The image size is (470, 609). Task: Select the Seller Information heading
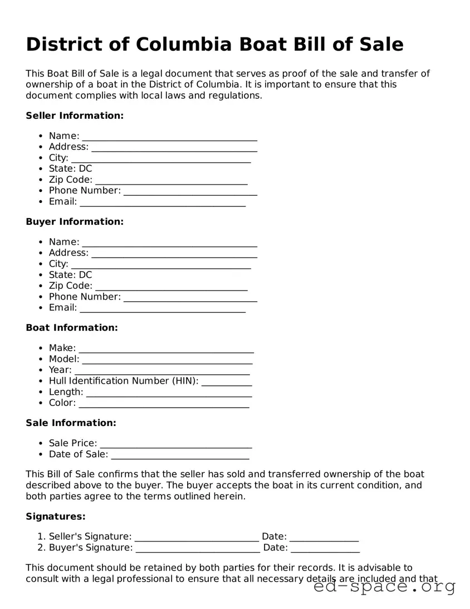[x=75, y=115]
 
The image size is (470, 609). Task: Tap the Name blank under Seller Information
[x=169, y=137]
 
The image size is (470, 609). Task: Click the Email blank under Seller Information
[x=163, y=202]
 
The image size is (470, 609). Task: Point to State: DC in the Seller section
[x=70, y=168]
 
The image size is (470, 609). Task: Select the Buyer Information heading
[x=75, y=221]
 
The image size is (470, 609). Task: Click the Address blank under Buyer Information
[x=174, y=254]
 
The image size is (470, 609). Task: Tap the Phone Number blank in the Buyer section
[x=190, y=298]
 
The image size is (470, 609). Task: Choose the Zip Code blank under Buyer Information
[x=172, y=287]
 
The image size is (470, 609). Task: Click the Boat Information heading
[x=72, y=327]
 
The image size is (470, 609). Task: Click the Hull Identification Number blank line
[x=227, y=382]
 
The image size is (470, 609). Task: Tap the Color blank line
[x=164, y=404]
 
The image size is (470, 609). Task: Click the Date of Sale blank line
[x=180, y=456]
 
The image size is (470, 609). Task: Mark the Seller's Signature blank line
[x=197, y=538]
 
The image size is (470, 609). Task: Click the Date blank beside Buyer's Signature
[x=325, y=549]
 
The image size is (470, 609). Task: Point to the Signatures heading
[x=56, y=516]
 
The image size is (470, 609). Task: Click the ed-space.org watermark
[x=384, y=587]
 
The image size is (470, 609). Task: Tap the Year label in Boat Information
[x=60, y=370]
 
